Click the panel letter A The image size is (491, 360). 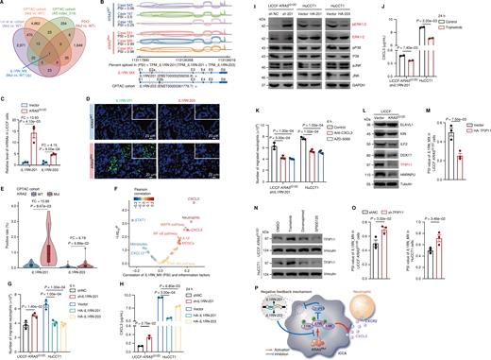(4, 4)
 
